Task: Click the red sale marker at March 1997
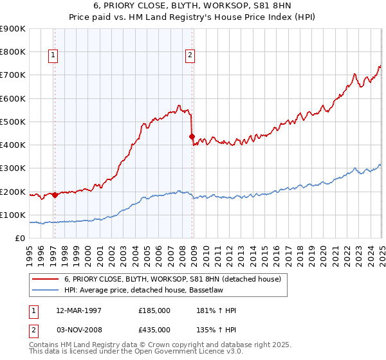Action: coord(55,195)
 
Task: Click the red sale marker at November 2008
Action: coord(192,136)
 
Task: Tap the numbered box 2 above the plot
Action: coord(190,56)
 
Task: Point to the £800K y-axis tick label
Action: coord(13,51)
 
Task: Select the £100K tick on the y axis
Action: coord(13,215)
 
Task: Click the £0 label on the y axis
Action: coord(19,238)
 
